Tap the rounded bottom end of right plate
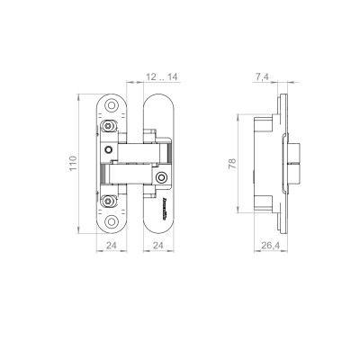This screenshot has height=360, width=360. click(156, 225)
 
